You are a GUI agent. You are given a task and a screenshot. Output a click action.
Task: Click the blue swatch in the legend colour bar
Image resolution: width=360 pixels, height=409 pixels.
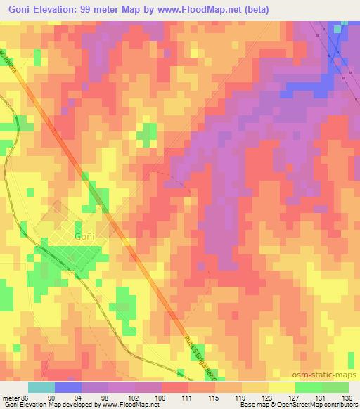(68, 387)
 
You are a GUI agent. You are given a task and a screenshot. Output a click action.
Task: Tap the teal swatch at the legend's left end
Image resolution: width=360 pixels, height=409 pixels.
(41, 387)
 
